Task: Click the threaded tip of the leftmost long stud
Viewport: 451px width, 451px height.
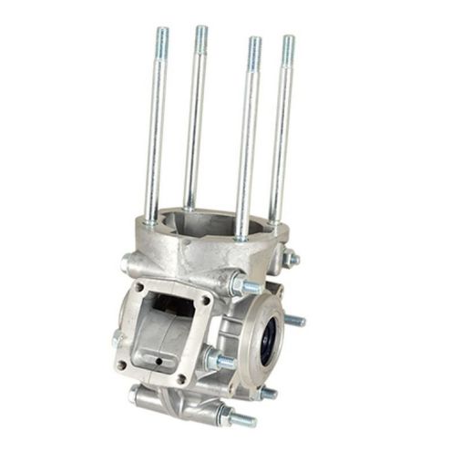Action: tap(161, 36)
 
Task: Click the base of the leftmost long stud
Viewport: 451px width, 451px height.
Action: tap(149, 219)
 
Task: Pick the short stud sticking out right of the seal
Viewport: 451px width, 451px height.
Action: tap(295, 321)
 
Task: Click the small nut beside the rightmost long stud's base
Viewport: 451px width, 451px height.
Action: tap(291, 259)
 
